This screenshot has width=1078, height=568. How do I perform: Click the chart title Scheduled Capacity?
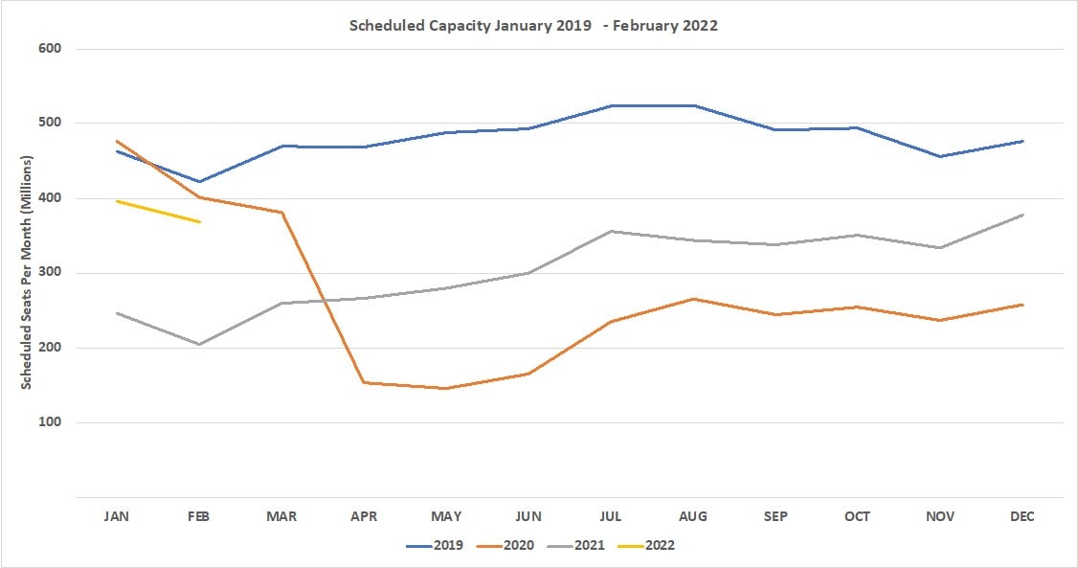tap(534, 26)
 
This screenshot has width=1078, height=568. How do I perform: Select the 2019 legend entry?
tap(437, 545)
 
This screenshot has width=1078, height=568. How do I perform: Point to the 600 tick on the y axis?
tap(51, 49)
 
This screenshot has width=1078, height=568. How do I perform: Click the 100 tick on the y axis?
tap(51, 422)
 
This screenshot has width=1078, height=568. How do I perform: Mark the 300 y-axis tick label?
tap(51, 273)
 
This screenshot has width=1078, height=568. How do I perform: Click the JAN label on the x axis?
tap(117, 516)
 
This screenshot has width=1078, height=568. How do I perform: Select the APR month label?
tap(364, 516)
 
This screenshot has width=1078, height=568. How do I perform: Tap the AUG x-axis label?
tap(693, 516)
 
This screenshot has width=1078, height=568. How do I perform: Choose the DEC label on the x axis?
tap(1022, 516)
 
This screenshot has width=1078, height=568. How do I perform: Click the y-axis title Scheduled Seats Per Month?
tap(27, 273)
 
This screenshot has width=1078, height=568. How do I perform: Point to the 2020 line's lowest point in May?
tap(446, 388)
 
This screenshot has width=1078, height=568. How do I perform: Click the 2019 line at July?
tap(611, 105)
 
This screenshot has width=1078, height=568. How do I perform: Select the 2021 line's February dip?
tap(199, 344)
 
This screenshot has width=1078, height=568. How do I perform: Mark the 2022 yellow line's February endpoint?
tap(199, 222)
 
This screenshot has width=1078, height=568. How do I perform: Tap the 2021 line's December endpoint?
tap(1022, 215)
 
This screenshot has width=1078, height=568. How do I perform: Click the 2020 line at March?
tap(281, 212)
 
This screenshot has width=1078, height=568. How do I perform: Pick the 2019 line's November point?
tap(940, 156)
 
